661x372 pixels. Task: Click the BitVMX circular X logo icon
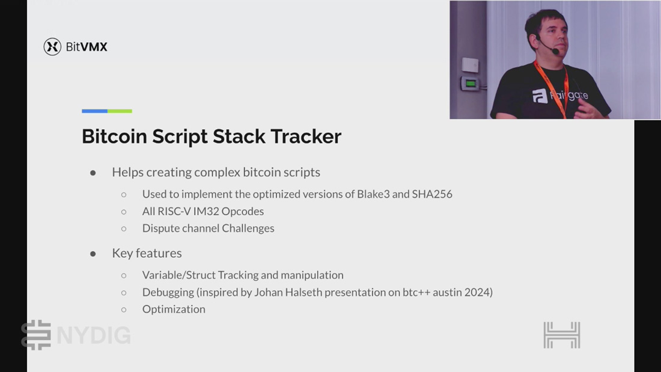52,46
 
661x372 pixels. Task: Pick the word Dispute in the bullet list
160,228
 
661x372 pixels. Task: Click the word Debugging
168,292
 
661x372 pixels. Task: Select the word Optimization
174,309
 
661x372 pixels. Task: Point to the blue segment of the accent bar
94,111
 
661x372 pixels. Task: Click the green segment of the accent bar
120,111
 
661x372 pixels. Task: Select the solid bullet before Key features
93,254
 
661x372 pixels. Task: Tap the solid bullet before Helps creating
93,172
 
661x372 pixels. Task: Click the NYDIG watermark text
94,336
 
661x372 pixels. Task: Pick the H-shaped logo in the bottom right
562,335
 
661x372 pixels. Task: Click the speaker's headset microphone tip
556,52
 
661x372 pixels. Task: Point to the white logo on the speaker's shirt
540,96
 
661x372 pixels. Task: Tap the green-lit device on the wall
470,84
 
